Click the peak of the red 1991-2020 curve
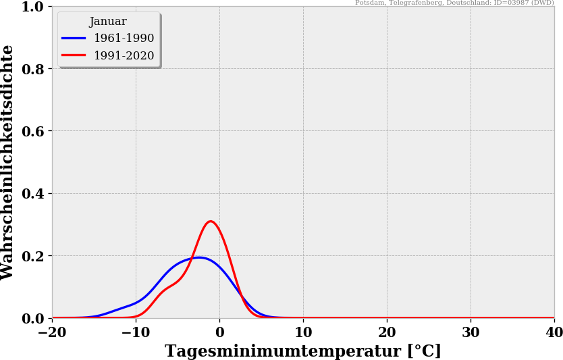coord(211,221)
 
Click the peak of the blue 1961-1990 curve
coord(198,257)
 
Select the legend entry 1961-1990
coord(124,38)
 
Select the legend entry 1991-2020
coord(124,56)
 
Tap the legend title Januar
coord(108,22)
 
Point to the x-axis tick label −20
coord(52,332)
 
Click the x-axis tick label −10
coord(136,332)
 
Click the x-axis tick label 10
coord(303,332)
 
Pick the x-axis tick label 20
coord(387,332)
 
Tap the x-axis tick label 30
coord(471,332)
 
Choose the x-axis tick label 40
coord(554,332)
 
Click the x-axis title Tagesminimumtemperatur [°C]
coord(303,351)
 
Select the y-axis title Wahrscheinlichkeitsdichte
coord(8,162)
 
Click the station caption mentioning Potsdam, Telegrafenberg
coord(454,3)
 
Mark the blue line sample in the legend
coord(74,38)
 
